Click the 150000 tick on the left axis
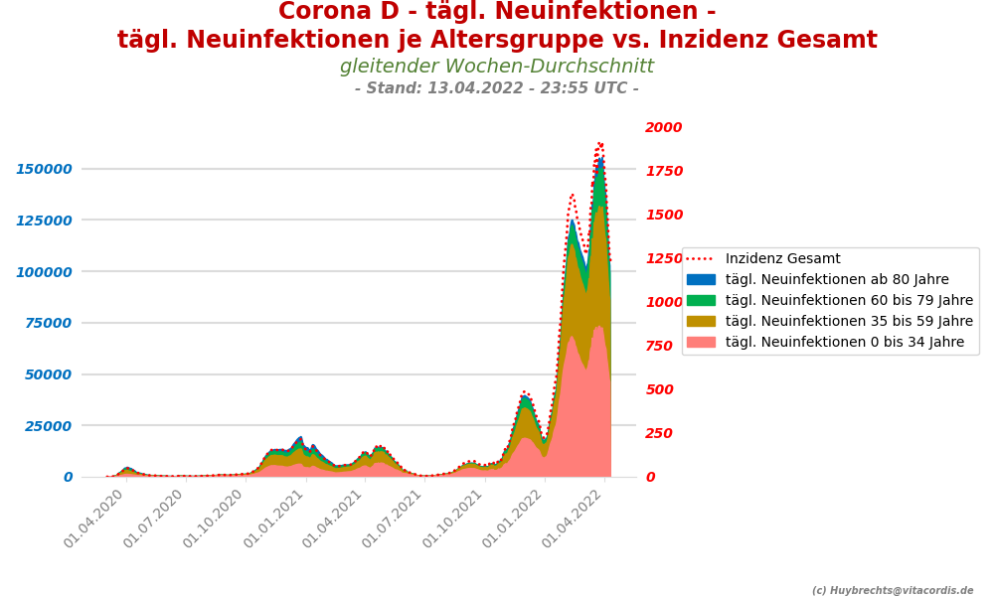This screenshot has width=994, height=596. click(44, 169)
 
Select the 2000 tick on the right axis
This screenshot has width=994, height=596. click(664, 127)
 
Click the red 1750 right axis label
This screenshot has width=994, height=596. click(664, 171)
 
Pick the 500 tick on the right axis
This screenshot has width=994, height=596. click(660, 389)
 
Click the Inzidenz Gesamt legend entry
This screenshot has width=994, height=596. click(782, 259)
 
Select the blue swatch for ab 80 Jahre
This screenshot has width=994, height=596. click(701, 280)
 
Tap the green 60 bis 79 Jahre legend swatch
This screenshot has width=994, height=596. click(701, 301)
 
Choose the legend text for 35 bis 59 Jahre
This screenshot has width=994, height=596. click(849, 322)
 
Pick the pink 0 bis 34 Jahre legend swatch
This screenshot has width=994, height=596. click(701, 343)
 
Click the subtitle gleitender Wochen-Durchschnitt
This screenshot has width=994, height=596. click(497, 67)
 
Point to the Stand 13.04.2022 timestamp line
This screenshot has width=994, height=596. click(497, 88)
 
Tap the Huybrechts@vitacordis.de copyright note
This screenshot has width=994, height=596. click(893, 590)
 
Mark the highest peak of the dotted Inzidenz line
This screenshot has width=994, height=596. click(600, 143)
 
